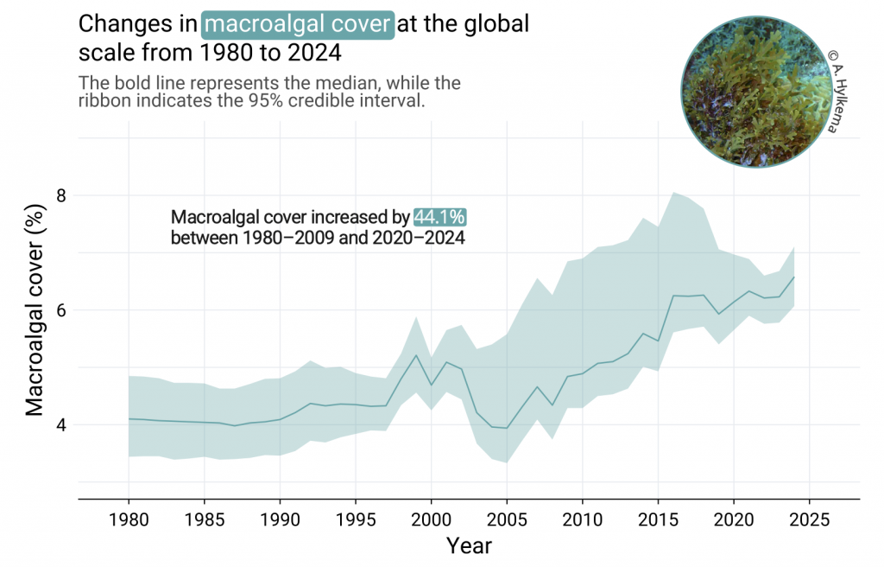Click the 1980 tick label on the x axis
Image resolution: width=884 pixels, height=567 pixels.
pos(129,519)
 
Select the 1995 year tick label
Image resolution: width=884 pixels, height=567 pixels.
pos(356,519)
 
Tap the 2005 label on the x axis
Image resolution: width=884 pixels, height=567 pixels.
pos(507,519)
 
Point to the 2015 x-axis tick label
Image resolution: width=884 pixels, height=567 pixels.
pos(658,519)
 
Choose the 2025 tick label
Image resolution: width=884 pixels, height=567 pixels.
pos(810,519)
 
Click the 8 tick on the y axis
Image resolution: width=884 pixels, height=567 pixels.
pos(61,195)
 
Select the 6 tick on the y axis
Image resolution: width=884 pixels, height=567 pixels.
pos(61,310)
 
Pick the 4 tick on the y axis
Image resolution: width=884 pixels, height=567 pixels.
pos(61,424)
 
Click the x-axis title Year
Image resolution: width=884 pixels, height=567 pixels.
pos(469,545)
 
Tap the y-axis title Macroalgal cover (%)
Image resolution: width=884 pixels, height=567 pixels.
pos(35,310)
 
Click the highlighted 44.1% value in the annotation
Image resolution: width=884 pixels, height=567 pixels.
pos(439,217)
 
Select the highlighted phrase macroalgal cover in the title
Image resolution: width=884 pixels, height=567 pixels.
pos(298,24)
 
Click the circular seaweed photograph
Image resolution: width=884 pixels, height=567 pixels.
pos(756,92)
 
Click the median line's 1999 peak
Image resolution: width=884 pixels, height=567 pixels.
pos(416,355)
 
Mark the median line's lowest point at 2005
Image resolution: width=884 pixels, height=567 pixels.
pos(507,428)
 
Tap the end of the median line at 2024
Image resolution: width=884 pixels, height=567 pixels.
pos(794,277)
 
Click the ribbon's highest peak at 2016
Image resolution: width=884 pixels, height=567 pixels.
pos(673,193)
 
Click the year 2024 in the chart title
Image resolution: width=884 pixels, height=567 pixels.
pos(314,53)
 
